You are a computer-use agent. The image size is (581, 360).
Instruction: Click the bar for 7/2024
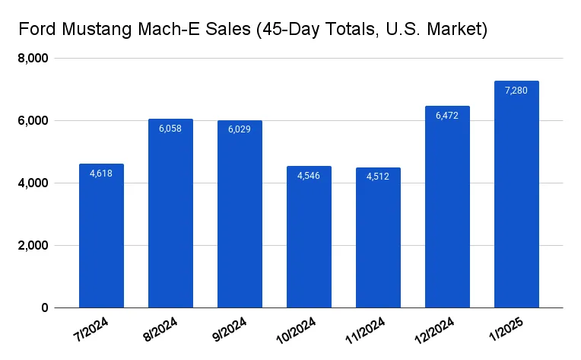point(101,236)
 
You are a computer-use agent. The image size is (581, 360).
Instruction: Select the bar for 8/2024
point(170,213)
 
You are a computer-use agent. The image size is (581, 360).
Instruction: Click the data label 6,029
point(240,129)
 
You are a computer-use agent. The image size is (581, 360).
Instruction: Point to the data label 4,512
point(378,177)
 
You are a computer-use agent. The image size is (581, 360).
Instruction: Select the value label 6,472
point(447,116)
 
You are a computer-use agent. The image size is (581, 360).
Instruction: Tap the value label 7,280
point(516,91)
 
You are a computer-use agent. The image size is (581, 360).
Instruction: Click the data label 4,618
point(101,174)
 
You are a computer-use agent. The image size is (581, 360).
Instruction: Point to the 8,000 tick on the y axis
point(33,59)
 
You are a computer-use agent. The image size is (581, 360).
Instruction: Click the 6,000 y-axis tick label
point(33,121)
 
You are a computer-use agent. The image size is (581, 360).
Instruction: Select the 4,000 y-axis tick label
point(33,183)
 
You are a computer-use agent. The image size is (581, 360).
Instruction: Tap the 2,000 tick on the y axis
point(33,246)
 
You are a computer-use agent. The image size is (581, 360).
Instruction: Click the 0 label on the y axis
point(45,308)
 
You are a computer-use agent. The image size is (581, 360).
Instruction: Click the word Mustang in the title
point(94,30)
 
